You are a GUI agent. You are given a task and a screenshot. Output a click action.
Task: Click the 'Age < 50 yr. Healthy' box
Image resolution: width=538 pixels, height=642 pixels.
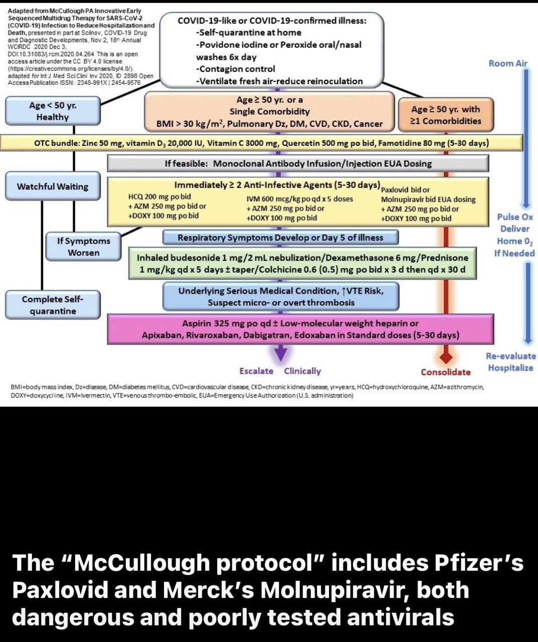coord(53,111)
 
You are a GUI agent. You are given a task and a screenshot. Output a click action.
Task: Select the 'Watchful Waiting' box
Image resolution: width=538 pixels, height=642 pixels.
coord(53,187)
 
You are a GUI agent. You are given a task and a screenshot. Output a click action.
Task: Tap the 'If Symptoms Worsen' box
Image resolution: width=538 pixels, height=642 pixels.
coord(83,247)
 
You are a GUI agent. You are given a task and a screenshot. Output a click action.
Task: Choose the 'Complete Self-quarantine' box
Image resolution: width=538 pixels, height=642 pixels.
coord(53,305)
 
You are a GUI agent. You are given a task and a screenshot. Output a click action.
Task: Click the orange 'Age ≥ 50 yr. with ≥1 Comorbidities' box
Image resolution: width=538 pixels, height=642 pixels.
coord(446,115)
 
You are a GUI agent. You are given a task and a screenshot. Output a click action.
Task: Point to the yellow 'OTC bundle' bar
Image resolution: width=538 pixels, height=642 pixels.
coord(261,143)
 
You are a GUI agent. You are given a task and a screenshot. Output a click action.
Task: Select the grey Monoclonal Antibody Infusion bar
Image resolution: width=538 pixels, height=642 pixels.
coord(298,164)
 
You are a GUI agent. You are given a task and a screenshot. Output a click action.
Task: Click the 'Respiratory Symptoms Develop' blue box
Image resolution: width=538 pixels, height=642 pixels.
coord(280,238)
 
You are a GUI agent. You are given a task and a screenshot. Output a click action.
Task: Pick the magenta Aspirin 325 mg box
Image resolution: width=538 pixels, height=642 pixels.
coord(300,330)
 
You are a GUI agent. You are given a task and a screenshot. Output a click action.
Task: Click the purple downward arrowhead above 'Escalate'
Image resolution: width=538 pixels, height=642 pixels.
coord(281,354)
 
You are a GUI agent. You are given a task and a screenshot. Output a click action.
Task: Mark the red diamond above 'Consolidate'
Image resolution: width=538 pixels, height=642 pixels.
coord(446,358)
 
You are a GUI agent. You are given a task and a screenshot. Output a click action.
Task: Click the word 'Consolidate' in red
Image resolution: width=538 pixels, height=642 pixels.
coord(446,372)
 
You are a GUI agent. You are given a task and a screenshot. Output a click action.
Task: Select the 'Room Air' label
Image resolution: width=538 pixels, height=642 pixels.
coord(508,63)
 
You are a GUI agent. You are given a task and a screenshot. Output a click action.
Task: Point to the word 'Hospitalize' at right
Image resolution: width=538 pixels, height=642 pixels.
coord(510,368)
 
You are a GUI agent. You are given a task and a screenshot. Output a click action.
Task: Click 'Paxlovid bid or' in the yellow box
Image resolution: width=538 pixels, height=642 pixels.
coord(405,190)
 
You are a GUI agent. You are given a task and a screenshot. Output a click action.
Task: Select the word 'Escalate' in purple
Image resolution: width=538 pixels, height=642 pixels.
coord(256,371)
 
